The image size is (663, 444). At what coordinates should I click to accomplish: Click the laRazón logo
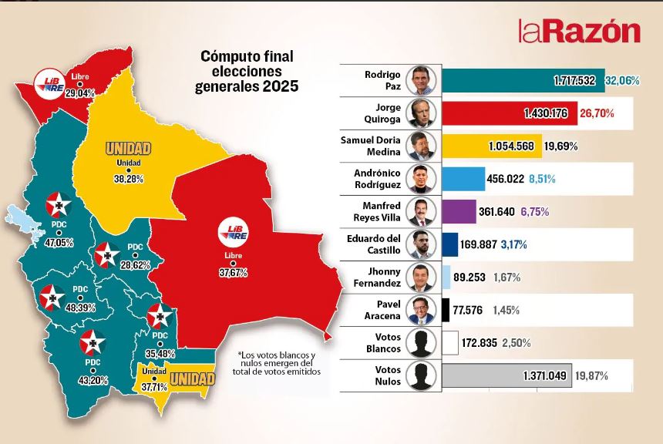[x=579, y=31]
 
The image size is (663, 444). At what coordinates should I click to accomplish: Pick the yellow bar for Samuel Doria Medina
[x=493, y=146]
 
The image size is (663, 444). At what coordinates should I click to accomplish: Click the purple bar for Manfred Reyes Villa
[x=460, y=211]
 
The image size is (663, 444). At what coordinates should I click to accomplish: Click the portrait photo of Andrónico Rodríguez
[x=422, y=179]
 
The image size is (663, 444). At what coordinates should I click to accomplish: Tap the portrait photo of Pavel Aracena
[x=422, y=310]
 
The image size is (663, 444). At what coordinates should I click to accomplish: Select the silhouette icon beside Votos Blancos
[x=422, y=342]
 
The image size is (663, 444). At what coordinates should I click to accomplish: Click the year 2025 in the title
[x=281, y=86]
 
